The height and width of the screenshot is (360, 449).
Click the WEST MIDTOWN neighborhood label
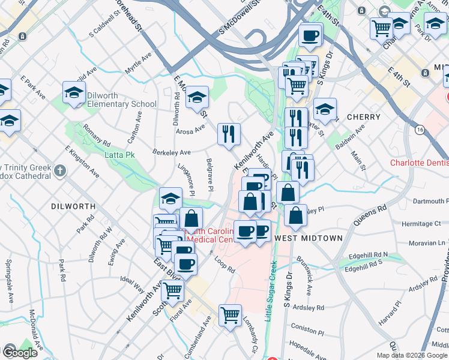[308, 238]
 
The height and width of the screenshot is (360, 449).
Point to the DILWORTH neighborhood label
[69, 206]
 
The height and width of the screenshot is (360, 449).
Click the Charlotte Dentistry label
[419, 163]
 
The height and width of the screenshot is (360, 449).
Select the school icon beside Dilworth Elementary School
[74, 92]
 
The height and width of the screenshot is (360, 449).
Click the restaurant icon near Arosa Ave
[229, 134]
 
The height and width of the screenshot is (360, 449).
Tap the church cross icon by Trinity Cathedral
[59, 171]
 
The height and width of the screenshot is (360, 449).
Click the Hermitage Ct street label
[421, 223]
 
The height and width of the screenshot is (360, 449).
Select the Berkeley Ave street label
[171, 152]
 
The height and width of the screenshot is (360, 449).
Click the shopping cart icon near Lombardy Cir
[230, 314]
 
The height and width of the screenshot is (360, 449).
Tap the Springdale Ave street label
[9, 281]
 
